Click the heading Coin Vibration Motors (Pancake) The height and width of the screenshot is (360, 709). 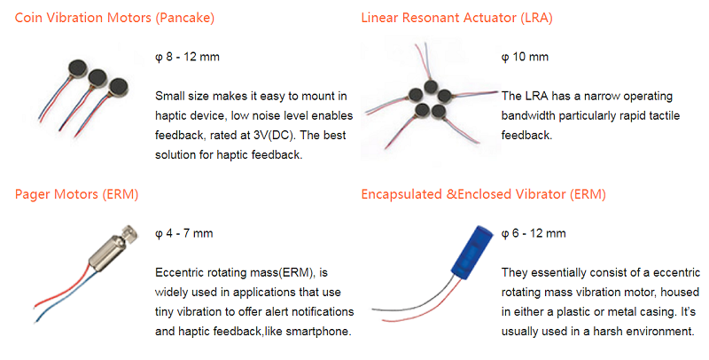pyautogui.click(x=114, y=18)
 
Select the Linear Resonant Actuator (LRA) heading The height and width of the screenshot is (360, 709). pyautogui.click(x=456, y=18)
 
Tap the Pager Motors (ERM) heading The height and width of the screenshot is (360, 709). pyautogui.click(x=76, y=194)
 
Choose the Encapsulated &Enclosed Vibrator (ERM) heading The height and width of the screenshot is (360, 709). pyautogui.click(x=483, y=194)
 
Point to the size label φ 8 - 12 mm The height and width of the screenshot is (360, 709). pyautogui.click(x=187, y=58)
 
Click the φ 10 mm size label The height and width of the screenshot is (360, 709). pyautogui.click(x=525, y=58)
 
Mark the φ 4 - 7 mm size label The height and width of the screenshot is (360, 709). pyautogui.click(x=184, y=234)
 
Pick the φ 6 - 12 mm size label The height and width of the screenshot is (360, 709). pyautogui.click(x=534, y=234)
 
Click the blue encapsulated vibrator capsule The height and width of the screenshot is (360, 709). pyautogui.click(x=472, y=250)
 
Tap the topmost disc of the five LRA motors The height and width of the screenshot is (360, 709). pyautogui.click(x=431, y=86)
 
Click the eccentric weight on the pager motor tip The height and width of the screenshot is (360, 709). pyautogui.click(x=131, y=232)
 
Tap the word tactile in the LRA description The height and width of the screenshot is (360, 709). pyautogui.click(x=665, y=116)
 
